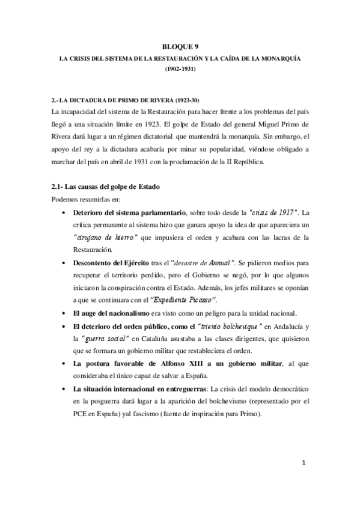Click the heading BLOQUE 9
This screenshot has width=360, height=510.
coord(180,46)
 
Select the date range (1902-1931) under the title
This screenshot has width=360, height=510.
coord(180,70)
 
